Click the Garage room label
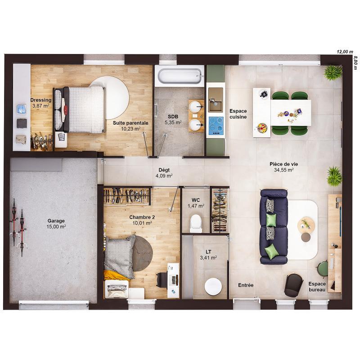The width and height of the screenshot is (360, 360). [x=56, y=221]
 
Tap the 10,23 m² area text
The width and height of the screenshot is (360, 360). [x=130, y=128]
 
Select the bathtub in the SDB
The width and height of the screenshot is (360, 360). [x=179, y=76]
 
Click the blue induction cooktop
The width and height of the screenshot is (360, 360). [x=215, y=122]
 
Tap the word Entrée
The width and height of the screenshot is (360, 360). [x=246, y=285]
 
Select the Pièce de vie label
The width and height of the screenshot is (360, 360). [x=283, y=164]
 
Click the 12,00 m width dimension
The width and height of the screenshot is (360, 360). [x=345, y=52]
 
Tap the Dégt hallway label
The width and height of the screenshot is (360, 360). [x=164, y=170]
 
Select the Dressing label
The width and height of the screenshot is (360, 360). [x=40, y=100]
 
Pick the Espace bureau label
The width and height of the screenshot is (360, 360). [x=317, y=287]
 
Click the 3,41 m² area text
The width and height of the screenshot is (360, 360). [x=208, y=258]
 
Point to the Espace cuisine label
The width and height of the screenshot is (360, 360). [x=238, y=114]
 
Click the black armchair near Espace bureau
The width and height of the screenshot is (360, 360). [x=293, y=285]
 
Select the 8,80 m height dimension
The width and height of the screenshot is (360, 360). [x=355, y=63]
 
